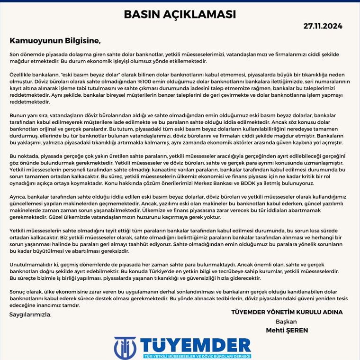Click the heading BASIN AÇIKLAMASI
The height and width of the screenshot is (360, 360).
click(x=180, y=14)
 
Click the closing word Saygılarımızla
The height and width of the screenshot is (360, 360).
click(x=30, y=314)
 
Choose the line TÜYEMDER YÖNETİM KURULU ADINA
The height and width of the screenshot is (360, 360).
click(x=287, y=312)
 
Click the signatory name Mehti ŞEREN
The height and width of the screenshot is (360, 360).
click(x=286, y=330)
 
